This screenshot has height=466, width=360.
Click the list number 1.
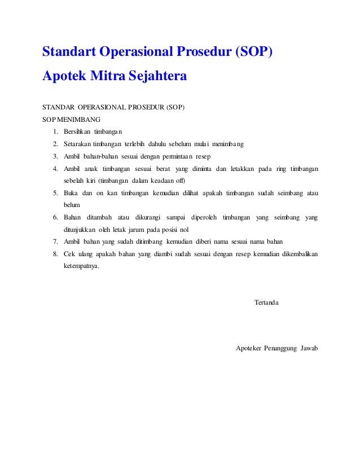(x=55, y=132)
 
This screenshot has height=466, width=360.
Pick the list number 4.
(x=55, y=169)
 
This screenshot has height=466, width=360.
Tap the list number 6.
(x=55, y=218)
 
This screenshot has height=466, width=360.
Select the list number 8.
(x=55, y=254)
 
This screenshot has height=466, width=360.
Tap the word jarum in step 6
(x=141, y=230)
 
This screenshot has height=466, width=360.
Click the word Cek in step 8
(x=69, y=254)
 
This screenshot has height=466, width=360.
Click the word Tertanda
(x=266, y=303)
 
